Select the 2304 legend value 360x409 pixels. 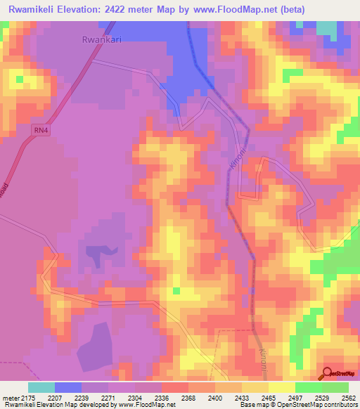pos(136,398)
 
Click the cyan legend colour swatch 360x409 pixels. pos(41,387)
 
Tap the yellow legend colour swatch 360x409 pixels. pos(282,387)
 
